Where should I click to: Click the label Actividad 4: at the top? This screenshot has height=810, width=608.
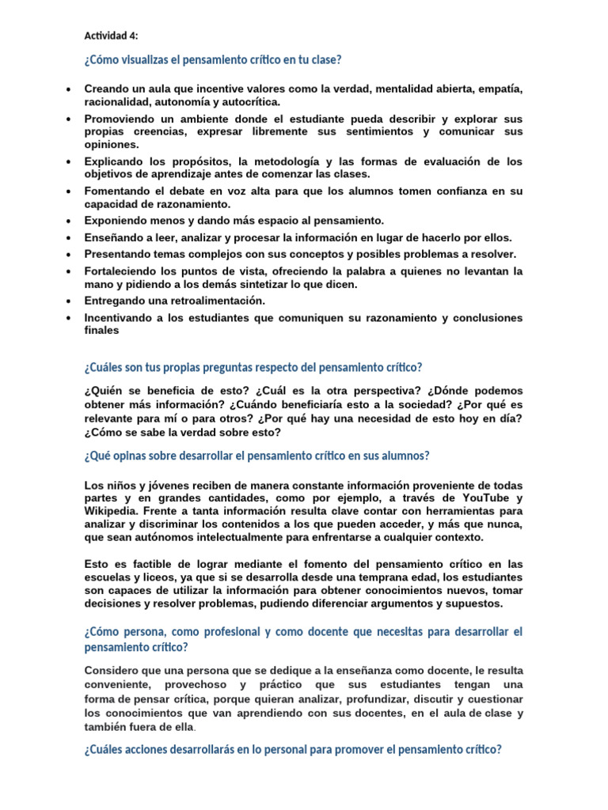pos(110,36)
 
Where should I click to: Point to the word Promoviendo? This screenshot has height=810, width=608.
pos(120,119)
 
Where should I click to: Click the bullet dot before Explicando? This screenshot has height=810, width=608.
pos(70,161)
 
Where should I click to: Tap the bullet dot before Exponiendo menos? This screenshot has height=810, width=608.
pos(70,221)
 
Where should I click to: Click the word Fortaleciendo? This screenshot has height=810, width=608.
pos(121,271)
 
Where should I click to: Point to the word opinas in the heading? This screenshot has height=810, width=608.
pos(129,456)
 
